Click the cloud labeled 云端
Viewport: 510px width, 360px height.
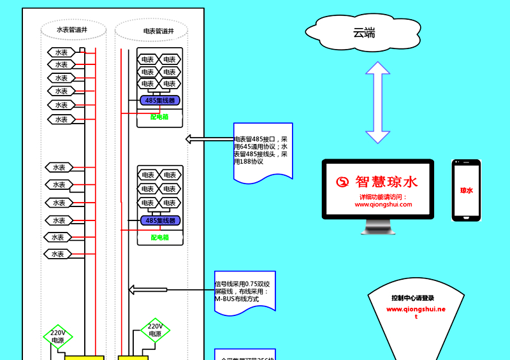pyautogui.click(x=363, y=32)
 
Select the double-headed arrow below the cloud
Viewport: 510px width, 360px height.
pyautogui.click(x=377, y=103)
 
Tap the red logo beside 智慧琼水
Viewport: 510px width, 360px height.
pyautogui.click(x=343, y=182)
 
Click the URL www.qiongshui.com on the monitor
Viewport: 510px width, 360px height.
pyautogui.click(x=383, y=205)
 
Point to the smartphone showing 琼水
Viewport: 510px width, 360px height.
pyautogui.click(x=466, y=191)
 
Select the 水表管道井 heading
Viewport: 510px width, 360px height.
pyautogui.click(x=71, y=29)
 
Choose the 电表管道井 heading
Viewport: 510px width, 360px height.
pyautogui.click(x=158, y=31)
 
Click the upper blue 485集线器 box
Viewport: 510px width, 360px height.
pyautogui.click(x=159, y=100)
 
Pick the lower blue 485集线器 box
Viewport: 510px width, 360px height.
pyautogui.click(x=160, y=220)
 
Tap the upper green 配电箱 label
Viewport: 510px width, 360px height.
pyautogui.click(x=159, y=117)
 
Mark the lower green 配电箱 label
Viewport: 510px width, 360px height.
pyautogui.click(x=160, y=237)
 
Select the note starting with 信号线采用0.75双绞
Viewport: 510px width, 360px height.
pyautogui.click(x=245, y=291)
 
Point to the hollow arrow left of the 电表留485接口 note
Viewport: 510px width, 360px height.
pyautogui.click(x=209, y=139)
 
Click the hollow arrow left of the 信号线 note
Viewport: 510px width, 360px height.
pyautogui.click(x=148, y=290)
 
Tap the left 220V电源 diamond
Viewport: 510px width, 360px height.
pyautogui.click(x=58, y=336)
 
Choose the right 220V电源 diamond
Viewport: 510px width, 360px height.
pyautogui.click(x=155, y=330)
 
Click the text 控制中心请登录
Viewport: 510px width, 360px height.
pyautogui.click(x=412, y=298)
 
